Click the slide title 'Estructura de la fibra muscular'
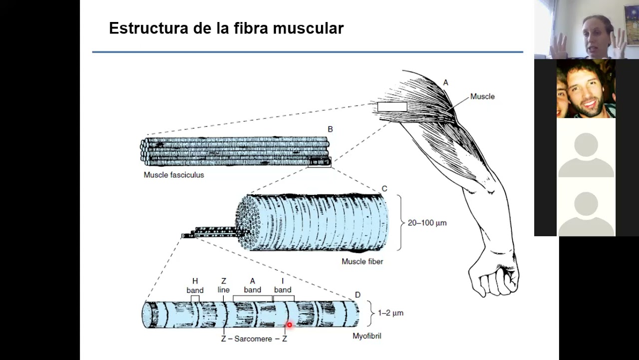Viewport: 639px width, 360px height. [x=226, y=28]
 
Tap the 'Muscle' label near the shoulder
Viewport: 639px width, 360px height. [x=482, y=96]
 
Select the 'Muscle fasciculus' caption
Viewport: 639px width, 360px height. [x=174, y=175]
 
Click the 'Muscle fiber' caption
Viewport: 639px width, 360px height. [x=362, y=261]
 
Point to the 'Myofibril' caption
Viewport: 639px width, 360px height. [x=366, y=336]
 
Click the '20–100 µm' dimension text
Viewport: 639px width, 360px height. [x=427, y=223]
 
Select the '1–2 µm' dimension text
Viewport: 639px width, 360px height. [x=390, y=313]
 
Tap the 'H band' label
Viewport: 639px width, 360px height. [x=195, y=286]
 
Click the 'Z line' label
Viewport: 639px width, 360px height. [x=223, y=285]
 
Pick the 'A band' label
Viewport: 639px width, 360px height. [x=252, y=285]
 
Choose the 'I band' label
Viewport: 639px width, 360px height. [x=283, y=285]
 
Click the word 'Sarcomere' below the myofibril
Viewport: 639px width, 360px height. [x=253, y=339]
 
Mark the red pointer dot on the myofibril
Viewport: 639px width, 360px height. [x=289, y=325]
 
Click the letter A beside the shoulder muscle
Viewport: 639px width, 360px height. [x=446, y=82]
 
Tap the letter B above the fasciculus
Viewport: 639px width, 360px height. [x=330, y=129]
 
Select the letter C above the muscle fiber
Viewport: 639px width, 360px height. [x=384, y=188]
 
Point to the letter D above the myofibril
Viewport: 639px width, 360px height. [x=357, y=295]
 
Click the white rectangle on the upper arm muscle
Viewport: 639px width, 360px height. [x=392, y=106]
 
